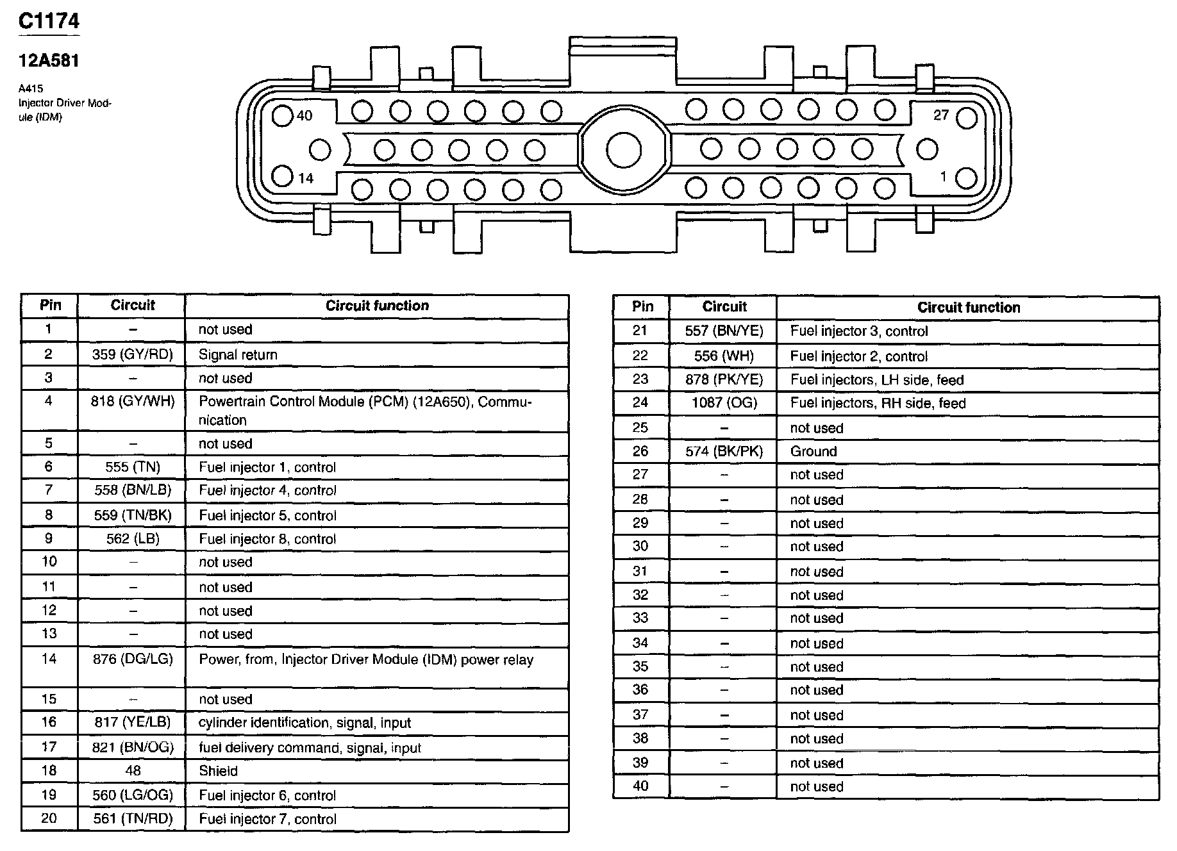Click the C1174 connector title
coord(49,21)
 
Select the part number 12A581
coord(49,61)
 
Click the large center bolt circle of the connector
coord(623,150)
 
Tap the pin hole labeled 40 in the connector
coord(282,116)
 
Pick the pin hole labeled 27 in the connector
coord(966,118)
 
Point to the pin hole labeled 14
coord(282,176)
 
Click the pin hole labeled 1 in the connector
coord(966,178)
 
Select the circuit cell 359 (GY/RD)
coord(132,354)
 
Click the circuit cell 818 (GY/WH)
coord(132,402)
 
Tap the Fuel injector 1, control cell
coord(267,467)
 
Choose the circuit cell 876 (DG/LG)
coord(132,659)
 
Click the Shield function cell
coord(218,771)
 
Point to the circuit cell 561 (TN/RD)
coord(132,819)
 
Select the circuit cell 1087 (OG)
coord(724,403)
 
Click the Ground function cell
coord(813,451)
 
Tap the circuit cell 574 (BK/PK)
coord(724,451)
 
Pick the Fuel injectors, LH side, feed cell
coord(876,380)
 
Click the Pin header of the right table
coord(642,307)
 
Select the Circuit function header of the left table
coord(377,306)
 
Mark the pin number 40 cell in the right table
coord(640,786)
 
